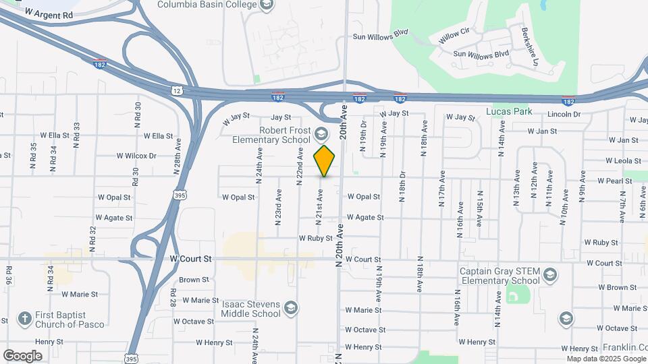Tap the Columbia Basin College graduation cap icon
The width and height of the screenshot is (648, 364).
pos(266,5)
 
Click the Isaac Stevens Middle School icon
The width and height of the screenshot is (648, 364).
pos(291,308)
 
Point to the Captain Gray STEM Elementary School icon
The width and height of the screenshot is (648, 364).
pos(551,275)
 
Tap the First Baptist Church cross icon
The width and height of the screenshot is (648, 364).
pos(24,319)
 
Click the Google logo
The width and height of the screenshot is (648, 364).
pos(22,355)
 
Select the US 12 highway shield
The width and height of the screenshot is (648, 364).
pos(176,89)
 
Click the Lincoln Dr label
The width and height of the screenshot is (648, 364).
pos(564,115)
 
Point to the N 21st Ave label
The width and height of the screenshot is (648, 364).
pos(319,206)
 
